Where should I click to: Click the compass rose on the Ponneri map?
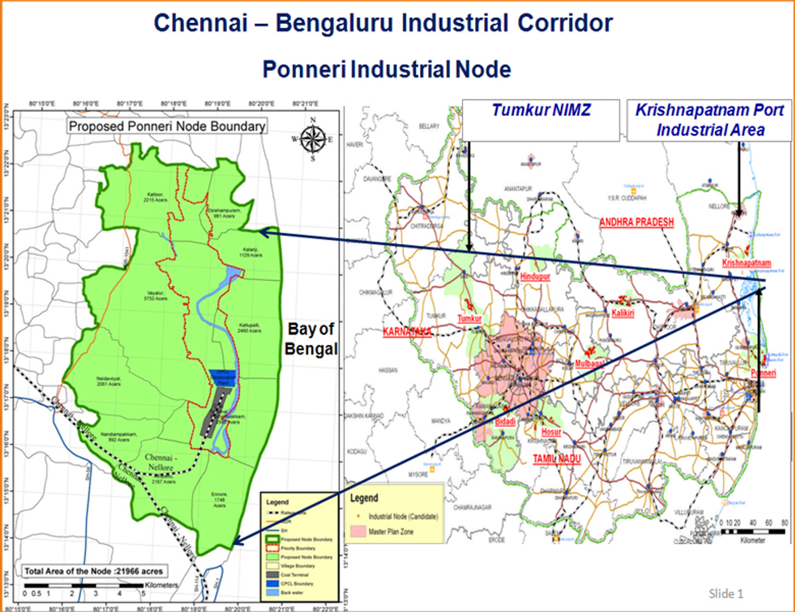(313, 139)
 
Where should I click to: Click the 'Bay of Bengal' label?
(310, 339)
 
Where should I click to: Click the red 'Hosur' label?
(551, 432)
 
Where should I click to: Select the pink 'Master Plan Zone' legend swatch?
(360, 530)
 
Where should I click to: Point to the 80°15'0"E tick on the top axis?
(42, 103)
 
